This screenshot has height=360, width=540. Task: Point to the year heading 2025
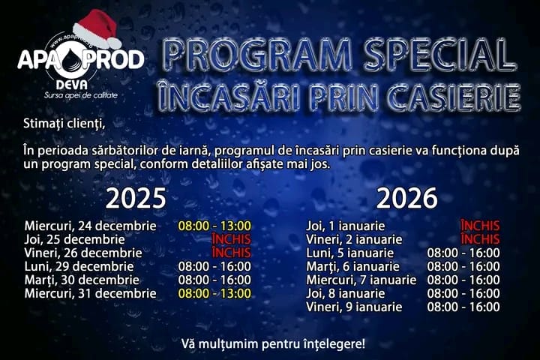[136, 199]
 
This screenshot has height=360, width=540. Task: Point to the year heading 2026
[406, 199]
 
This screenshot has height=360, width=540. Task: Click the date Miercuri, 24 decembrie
[91, 226]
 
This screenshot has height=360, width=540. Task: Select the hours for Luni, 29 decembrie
[214, 266]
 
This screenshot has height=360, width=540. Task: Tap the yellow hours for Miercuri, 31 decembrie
[214, 293]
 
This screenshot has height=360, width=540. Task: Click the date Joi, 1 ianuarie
[346, 226]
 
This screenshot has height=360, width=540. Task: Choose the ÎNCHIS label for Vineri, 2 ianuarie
[480, 239]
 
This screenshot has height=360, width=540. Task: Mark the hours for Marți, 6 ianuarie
[463, 266]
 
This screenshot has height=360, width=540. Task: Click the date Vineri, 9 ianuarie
[355, 307]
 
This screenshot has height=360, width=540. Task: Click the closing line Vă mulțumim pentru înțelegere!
[273, 344]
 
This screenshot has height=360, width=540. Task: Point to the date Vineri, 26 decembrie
[83, 253]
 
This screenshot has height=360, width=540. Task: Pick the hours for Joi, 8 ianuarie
[463, 293]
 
